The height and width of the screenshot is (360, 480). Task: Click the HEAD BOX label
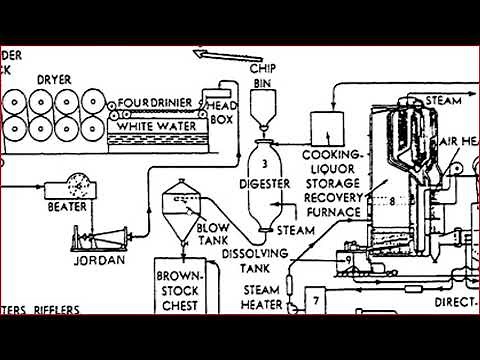coord(219,109)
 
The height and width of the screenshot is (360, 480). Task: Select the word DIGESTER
coord(264,183)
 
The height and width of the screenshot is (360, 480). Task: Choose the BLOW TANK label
coord(213,233)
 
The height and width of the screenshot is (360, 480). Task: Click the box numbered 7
coord(314,301)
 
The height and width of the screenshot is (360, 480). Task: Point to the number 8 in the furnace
coord(393,201)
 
